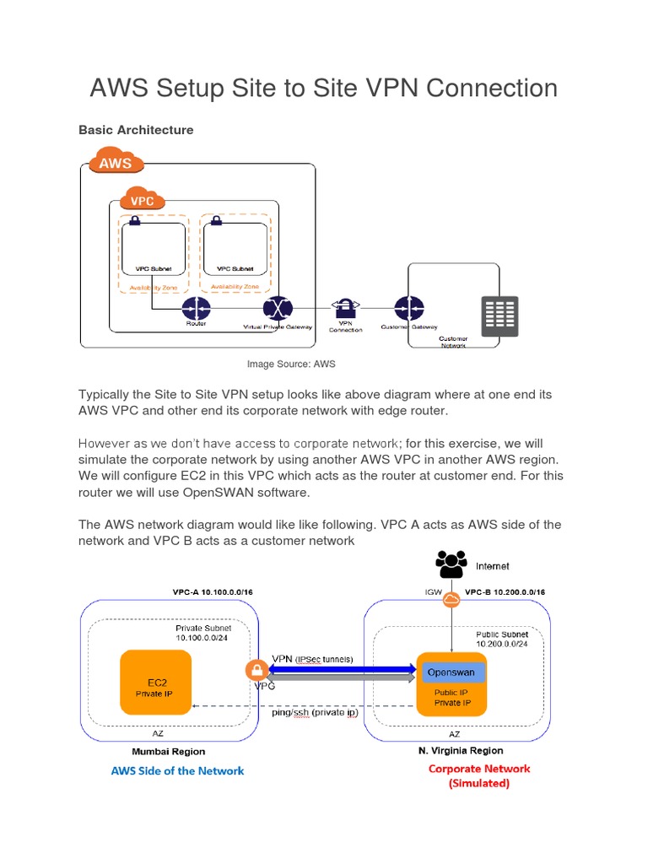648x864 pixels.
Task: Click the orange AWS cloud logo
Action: click(x=115, y=162)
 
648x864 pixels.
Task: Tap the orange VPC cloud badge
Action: click(x=143, y=202)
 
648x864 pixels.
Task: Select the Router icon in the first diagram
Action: click(x=195, y=308)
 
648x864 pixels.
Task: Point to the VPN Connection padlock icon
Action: click(x=345, y=306)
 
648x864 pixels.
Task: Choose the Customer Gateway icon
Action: click(x=409, y=309)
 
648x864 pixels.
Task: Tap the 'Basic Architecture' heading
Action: click(x=136, y=130)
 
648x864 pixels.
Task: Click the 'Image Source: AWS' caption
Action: click(x=291, y=364)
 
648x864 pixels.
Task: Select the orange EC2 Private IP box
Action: click(x=155, y=683)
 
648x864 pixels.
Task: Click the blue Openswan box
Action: click(x=451, y=672)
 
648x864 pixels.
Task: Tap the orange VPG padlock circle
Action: click(x=256, y=671)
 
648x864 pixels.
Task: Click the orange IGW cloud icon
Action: click(x=451, y=599)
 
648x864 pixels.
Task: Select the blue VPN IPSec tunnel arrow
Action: click(x=342, y=668)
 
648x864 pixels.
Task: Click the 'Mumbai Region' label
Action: click(x=168, y=751)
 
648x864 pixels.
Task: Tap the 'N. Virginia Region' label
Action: click(x=461, y=750)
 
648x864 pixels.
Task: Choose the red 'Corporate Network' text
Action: click(x=479, y=769)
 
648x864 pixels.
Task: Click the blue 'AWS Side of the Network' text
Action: click(x=178, y=770)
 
